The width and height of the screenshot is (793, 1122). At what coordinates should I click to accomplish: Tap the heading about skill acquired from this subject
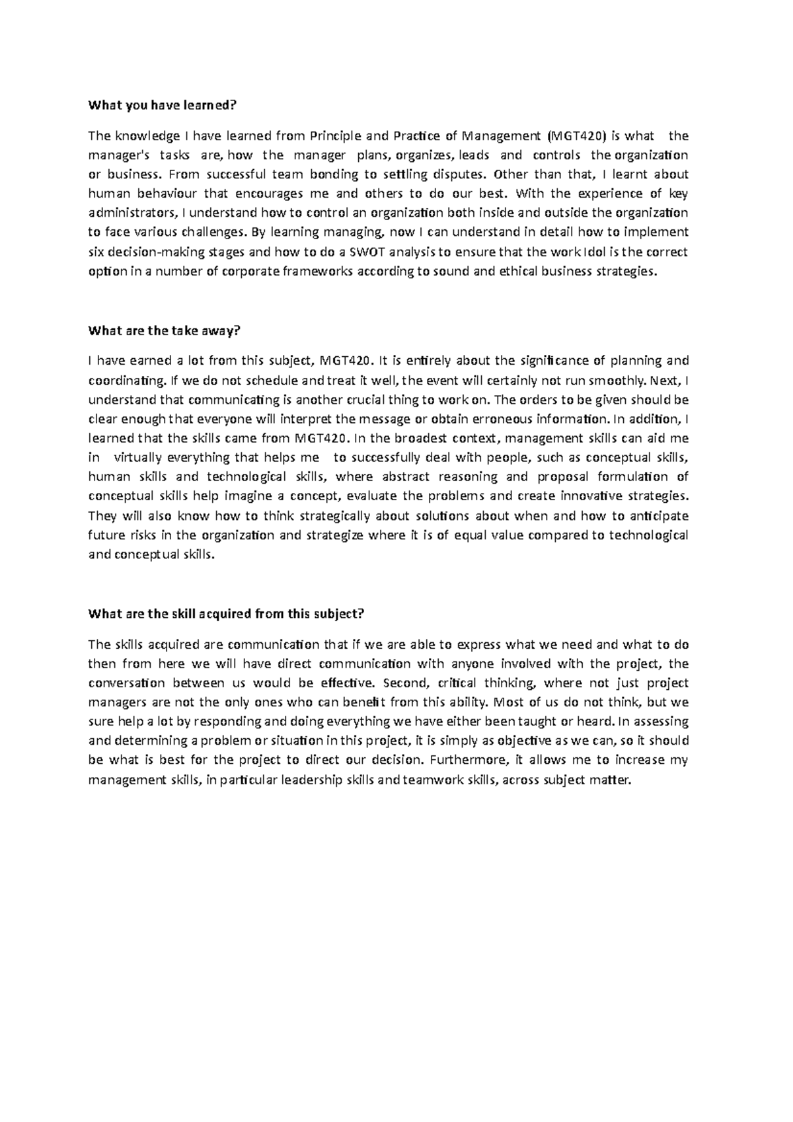click(226, 613)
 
